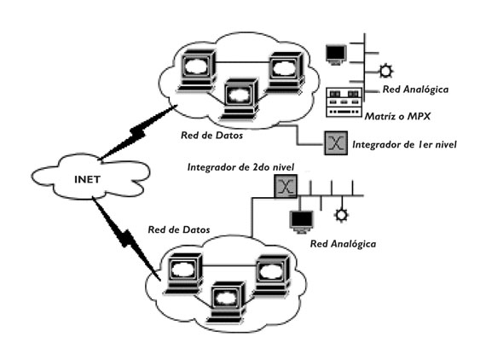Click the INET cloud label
pyautogui.click(x=87, y=179)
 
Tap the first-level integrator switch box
pyautogui.click(x=336, y=142)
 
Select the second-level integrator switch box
pyautogui.click(x=286, y=186)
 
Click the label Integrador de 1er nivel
pyautogui.click(x=404, y=145)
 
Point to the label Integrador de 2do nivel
pyautogui.click(x=240, y=167)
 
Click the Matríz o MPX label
pyautogui.click(x=397, y=116)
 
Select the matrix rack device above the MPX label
pyautogui.click(x=344, y=102)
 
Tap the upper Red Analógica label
pyautogui.click(x=415, y=90)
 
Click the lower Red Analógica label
pyautogui.click(x=343, y=244)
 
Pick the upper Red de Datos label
pyautogui.click(x=211, y=135)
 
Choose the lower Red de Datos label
pyautogui.click(x=179, y=229)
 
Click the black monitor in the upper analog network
pyautogui.click(x=336, y=55)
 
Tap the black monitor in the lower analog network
pyautogui.click(x=301, y=222)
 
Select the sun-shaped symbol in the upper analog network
pyautogui.click(x=385, y=71)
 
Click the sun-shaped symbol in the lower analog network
pyautogui.click(x=341, y=215)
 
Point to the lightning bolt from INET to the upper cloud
pyautogui.click(x=136, y=132)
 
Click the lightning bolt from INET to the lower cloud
pyautogui.click(x=126, y=238)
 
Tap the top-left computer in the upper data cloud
pyautogui.click(x=197, y=71)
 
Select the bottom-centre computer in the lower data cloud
pyautogui.click(x=227, y=303)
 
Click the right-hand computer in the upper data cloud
pyautogui.click(x=286, y=73)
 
